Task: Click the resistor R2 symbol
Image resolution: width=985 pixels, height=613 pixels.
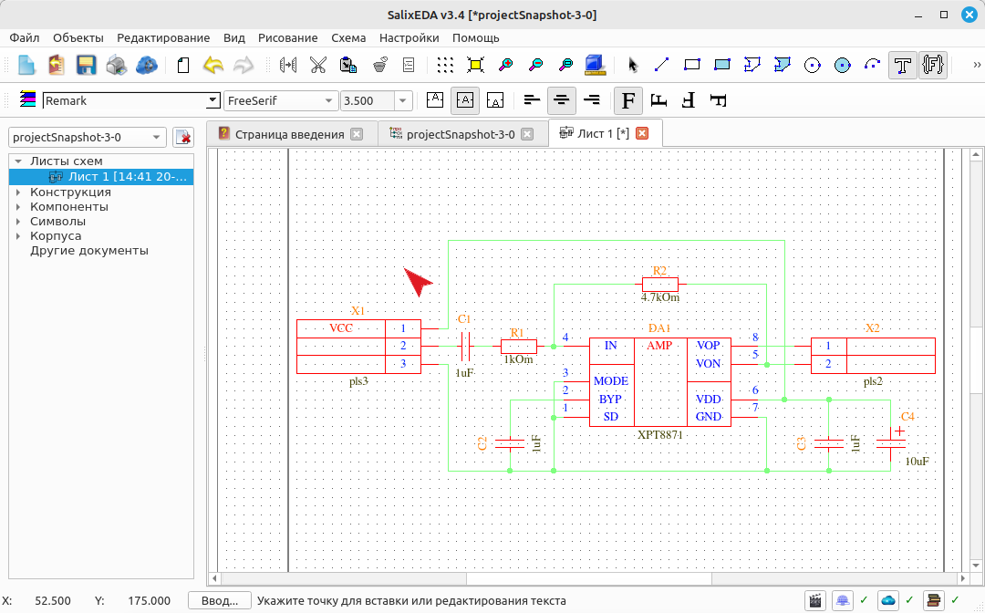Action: click(660, 284)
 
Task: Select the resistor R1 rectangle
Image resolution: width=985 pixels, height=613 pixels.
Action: click(519, 346)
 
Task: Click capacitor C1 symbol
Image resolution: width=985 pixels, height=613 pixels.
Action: click(465, 346)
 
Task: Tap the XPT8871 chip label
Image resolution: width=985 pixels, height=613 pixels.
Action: click(660, 434)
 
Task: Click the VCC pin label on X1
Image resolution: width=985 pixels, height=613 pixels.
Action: click(341, 328)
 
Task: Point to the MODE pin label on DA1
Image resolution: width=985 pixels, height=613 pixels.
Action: click(610, 381)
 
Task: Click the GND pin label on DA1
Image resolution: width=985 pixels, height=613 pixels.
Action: click(709, 417)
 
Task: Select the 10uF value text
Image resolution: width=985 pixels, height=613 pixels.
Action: click(918, 462)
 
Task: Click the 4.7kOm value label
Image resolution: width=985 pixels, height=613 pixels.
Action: click(660, 297)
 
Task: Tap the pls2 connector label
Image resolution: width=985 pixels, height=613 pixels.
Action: click(873, 381)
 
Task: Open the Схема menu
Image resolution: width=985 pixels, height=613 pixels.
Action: click(348, 37)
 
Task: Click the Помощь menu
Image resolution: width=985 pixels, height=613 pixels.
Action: click(475, 37)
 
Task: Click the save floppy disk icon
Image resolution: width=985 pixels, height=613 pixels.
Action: click(86, 65)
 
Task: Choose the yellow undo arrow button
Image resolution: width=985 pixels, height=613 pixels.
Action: click(213, 65)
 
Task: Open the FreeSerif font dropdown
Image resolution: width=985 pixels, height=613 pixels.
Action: click(280, 100)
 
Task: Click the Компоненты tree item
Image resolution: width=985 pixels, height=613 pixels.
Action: click(69, 207)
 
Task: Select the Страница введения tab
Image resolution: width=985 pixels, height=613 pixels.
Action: click(290, 134)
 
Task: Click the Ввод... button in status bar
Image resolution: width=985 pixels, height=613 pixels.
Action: click(220, 601)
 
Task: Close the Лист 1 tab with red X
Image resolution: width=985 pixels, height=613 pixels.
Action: click(642, 133)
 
